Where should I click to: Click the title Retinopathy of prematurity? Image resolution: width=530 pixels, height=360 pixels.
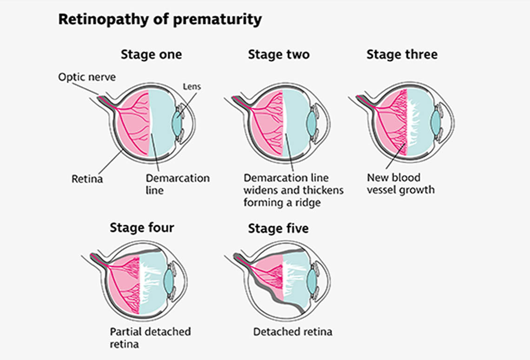coord(159,20)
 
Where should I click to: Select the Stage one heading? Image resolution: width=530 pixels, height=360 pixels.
coord(151,54)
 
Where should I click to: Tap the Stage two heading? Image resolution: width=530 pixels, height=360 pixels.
coord(278,54)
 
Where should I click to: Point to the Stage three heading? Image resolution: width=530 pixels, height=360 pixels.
coord(402,54)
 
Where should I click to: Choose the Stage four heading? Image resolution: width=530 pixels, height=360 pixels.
coord(142,228)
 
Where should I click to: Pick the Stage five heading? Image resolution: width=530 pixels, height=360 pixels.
coord(278,228)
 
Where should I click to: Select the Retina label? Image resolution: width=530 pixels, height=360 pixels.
coord(86,178)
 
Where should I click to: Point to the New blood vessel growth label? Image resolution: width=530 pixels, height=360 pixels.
coord(400,184)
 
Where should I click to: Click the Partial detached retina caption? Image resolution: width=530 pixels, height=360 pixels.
coord(150,338)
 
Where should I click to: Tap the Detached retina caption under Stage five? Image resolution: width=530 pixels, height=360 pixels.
coord(292,332)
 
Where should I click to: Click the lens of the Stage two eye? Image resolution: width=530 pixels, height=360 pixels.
coord(311,122)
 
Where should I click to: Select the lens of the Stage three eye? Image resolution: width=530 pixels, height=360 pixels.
coord(435,122)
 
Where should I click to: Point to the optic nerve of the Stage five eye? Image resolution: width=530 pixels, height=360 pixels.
coord(240,258)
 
